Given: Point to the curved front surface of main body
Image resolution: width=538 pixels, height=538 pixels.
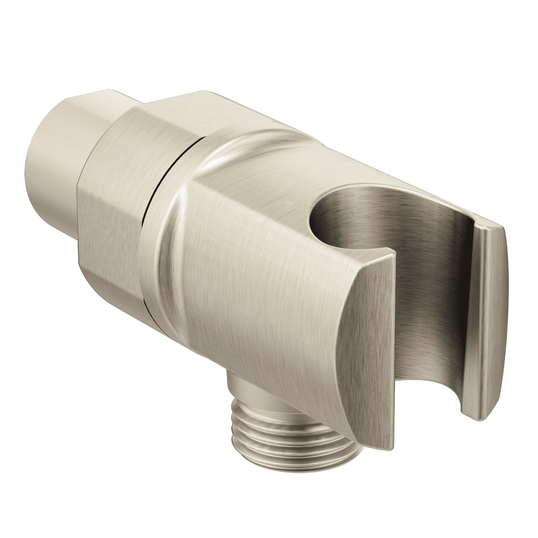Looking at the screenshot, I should click(251, 292).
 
